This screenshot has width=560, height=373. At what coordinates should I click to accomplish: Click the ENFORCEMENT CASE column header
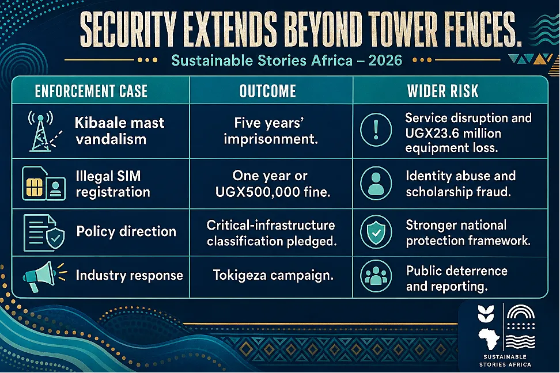coord(91,91)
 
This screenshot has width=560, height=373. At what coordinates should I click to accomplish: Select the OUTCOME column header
coord(268,91)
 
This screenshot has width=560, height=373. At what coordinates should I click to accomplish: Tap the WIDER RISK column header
coord(443,91)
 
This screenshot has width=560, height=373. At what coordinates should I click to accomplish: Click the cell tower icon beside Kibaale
coord(42,131)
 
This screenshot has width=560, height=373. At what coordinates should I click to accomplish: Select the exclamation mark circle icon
coord(376,130)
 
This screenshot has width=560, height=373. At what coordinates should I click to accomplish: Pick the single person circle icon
coord(376,183)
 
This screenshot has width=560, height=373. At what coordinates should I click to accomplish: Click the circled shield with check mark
coord(376,232)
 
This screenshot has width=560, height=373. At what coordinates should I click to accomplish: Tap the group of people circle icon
coord(376,276)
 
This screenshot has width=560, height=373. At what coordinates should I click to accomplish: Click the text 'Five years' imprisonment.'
coord(270,131)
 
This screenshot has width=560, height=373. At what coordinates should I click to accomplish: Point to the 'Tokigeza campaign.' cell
coord(273,275)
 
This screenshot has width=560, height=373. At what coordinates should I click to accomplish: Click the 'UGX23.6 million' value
coord(453,133)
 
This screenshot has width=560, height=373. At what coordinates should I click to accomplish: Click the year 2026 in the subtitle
coord(385,60)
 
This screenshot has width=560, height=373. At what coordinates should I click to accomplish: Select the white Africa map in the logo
coord(489,338)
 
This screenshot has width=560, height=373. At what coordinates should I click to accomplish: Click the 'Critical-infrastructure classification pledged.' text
coord(271,233)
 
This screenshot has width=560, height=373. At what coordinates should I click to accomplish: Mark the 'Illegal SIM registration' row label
coord(113,184)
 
